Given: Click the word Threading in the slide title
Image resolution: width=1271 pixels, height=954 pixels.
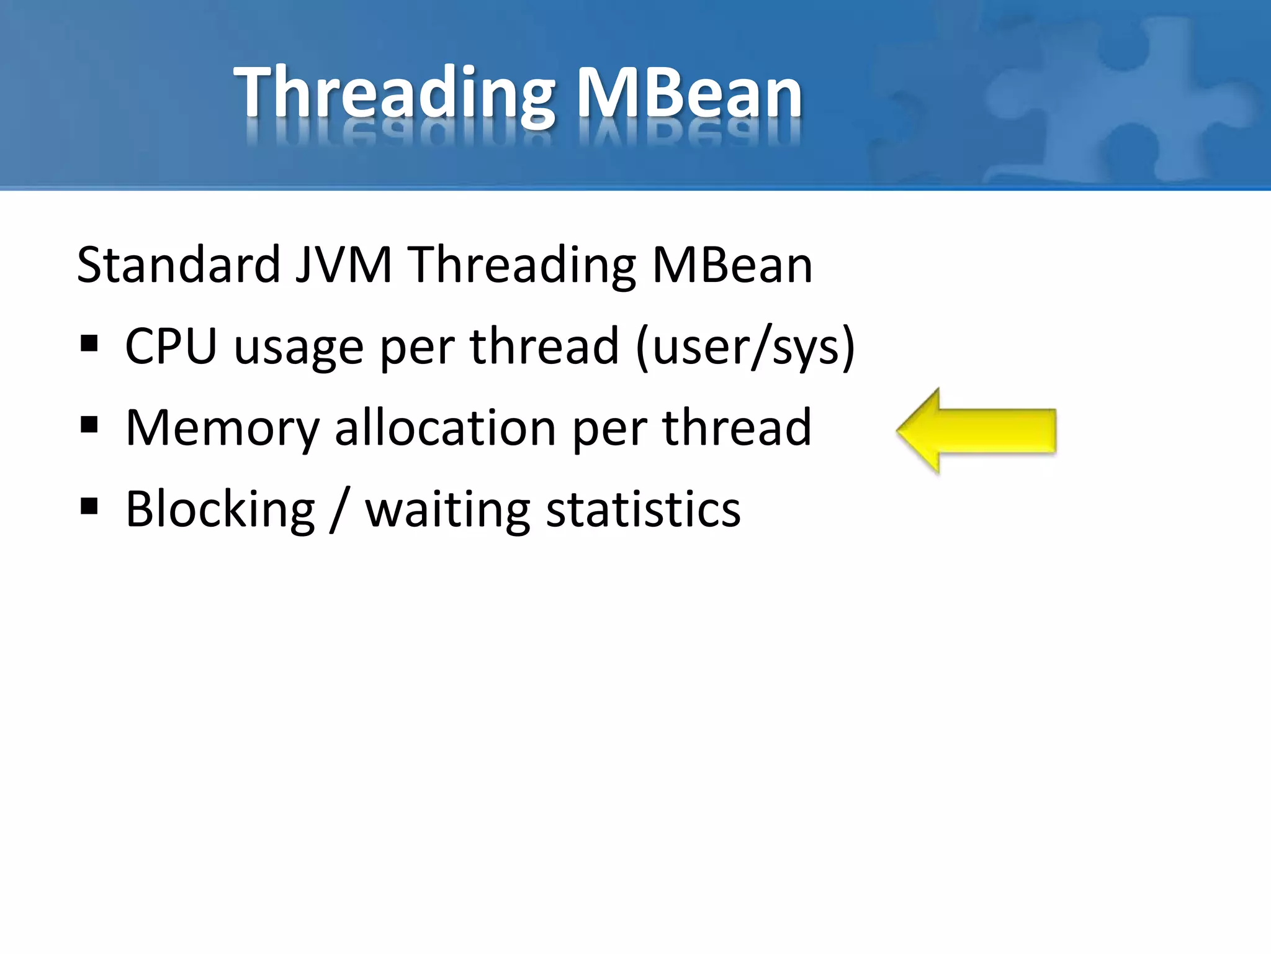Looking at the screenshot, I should tap(394, 93).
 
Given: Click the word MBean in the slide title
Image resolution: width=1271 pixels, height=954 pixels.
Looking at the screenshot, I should tap(689, 93).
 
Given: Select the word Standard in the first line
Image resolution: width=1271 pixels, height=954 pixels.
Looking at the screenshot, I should tap(179, 265).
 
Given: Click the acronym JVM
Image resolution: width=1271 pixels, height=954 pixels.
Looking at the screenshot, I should tap(343, 265).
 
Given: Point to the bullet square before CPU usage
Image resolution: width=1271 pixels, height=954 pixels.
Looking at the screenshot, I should tap(89, 343).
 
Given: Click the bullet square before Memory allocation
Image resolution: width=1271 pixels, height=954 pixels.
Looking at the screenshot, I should tap(89, 425).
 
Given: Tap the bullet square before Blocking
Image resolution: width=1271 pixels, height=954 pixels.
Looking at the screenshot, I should tap(89, 507).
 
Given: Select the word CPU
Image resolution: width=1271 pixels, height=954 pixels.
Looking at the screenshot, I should tap(171, 346).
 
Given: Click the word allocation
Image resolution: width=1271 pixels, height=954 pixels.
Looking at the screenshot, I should tap(446, 428).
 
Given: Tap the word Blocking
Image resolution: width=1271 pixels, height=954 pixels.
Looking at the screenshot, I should tap(220, 509).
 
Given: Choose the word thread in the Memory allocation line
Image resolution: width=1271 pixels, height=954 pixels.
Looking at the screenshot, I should tap(737, 428).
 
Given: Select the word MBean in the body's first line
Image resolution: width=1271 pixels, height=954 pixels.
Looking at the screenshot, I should tap(732, 265).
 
